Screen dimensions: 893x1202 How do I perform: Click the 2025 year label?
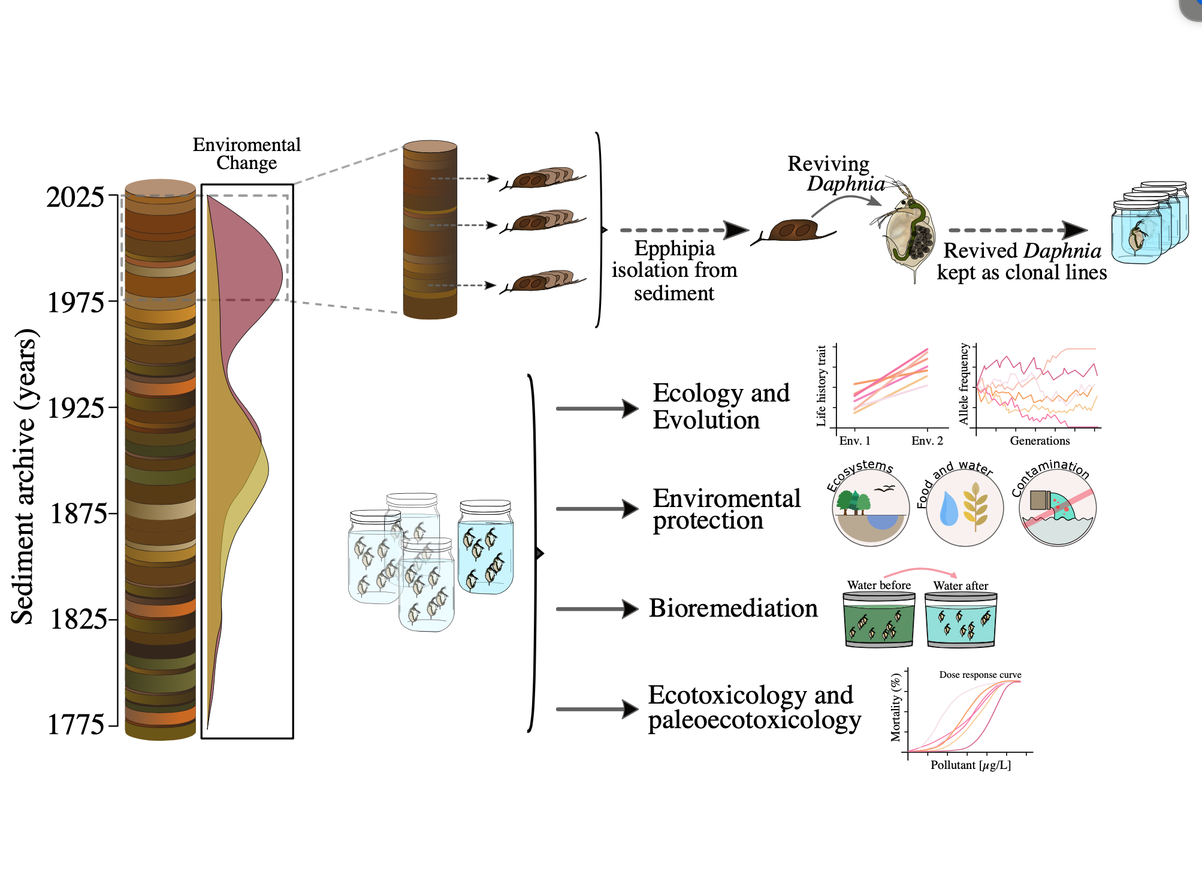(75, 197)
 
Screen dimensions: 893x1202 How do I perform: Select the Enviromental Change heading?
(246, 153)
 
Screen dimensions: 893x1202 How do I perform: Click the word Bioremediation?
(733, 608)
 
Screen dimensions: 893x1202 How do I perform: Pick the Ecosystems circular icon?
(870, 508)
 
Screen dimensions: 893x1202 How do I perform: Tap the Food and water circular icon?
(964, 508)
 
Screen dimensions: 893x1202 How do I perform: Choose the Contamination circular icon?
(1058, 508)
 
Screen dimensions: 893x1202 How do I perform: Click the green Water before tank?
(878, 620)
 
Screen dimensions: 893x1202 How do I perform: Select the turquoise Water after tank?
(961, 620)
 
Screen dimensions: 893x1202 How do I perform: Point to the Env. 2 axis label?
(927, 441)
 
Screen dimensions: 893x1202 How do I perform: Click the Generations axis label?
(1040, 441)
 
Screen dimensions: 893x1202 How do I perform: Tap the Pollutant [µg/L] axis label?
(970, 765)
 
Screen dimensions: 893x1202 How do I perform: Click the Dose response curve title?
(980, 675)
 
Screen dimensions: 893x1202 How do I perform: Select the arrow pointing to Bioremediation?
(597, 609)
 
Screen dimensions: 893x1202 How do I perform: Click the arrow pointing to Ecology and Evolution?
(597, 409)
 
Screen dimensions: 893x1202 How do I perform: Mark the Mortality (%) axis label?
(896, 707)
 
